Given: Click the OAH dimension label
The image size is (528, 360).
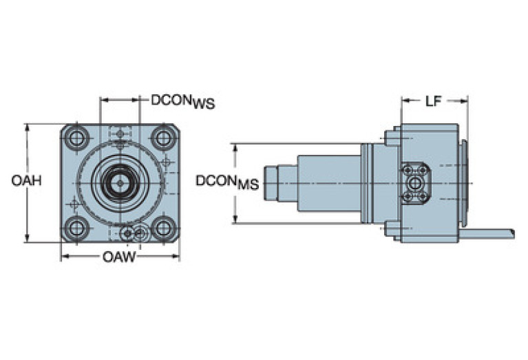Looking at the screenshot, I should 26,181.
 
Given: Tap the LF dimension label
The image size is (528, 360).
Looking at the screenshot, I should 432,102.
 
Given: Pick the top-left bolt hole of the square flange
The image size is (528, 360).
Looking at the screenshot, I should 76,138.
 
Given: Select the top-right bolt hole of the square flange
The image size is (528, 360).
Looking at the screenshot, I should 164,138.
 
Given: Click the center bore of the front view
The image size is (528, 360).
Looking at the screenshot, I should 120,182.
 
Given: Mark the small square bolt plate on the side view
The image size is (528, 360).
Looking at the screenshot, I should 415,182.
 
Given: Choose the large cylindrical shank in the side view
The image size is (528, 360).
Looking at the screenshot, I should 328,183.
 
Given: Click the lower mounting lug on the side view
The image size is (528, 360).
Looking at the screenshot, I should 392,229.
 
